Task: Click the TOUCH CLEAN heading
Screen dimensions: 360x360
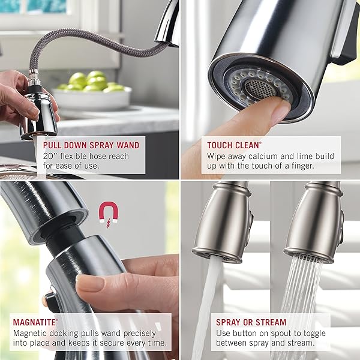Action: (234, 145)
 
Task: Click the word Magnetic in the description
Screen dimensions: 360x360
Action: (32, 334)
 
